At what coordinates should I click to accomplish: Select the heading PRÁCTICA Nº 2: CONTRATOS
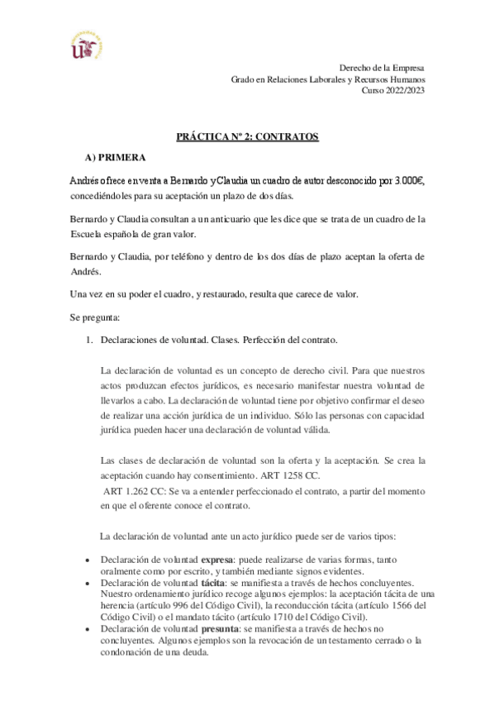tap(248, 137)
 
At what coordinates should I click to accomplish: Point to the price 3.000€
tap(406, 180)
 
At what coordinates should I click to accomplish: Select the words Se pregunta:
tap(94, 315)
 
